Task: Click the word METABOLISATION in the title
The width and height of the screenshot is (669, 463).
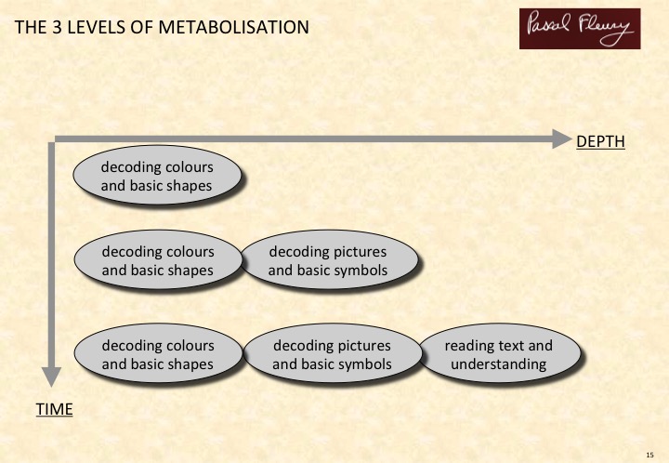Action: point(233,27)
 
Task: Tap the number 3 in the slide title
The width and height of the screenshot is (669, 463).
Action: point(58,27)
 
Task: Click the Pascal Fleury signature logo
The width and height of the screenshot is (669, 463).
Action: point(580,29)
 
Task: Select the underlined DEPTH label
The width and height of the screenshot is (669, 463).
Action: point(600,141)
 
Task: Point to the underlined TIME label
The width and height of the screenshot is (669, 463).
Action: point(54,409)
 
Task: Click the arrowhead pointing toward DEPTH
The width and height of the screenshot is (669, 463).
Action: point(561,139)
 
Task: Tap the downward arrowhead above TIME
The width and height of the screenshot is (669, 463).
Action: point(51,377)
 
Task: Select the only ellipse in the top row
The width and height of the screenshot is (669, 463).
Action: point(157,176)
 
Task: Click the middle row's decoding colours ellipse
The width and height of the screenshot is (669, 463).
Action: point(158,260)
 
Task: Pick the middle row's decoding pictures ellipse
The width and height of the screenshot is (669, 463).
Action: point(329,260)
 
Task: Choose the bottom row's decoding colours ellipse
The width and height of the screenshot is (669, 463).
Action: point(158,353)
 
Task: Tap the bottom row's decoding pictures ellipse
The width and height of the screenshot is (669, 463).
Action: point(333,353)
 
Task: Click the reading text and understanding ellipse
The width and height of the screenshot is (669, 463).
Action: point(500,353)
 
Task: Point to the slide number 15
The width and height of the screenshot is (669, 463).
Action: point(649,455)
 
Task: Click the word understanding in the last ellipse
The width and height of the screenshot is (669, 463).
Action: point(499,364)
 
